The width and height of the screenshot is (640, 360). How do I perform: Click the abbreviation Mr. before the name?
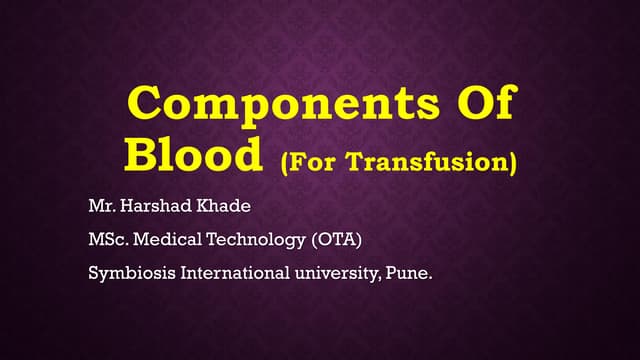pos(101,209)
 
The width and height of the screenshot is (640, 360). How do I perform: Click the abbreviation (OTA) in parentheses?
pos(331,239)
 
